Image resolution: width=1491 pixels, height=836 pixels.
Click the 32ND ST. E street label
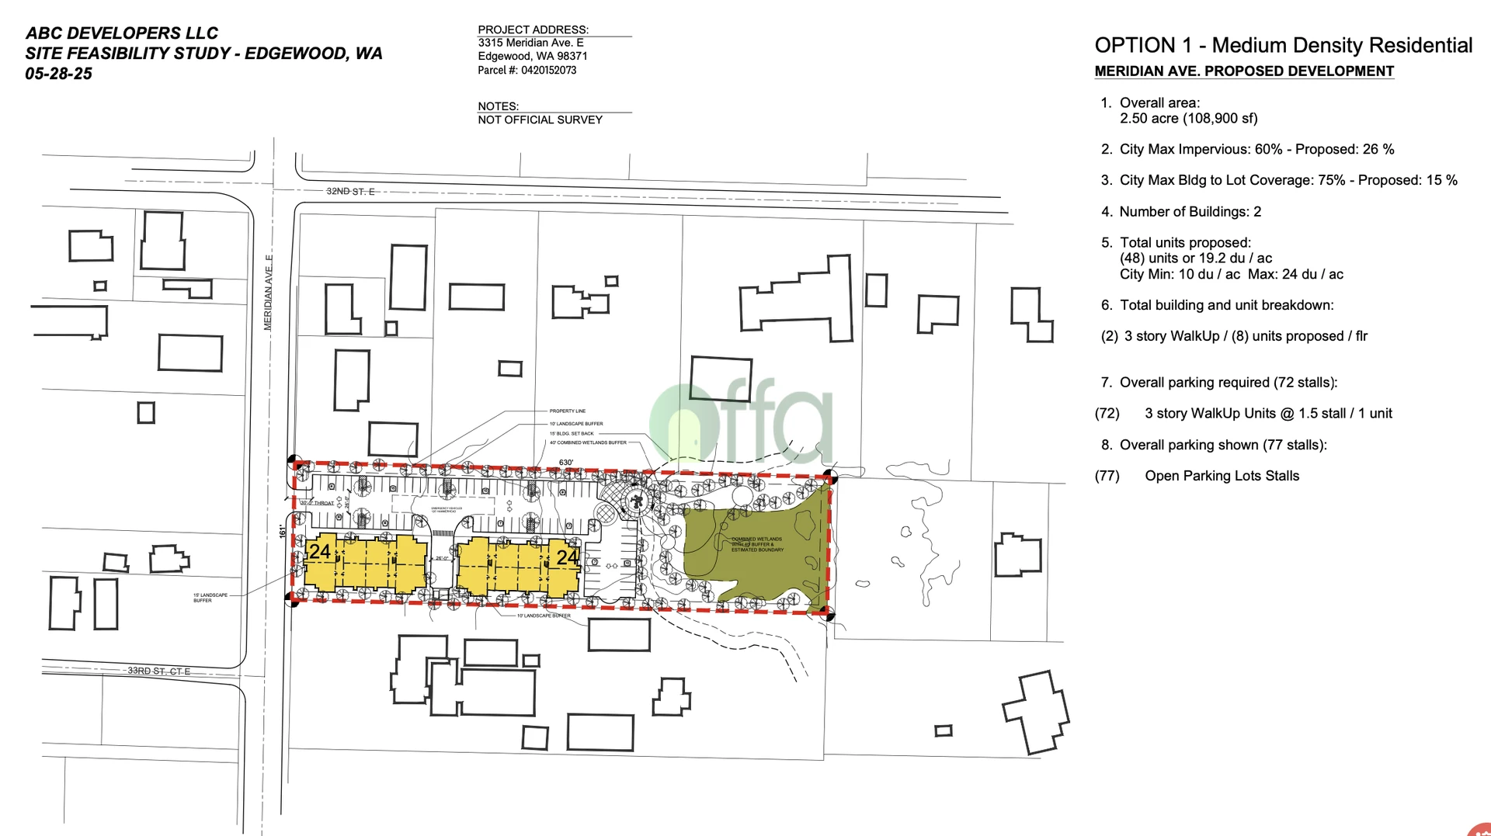tap(350, 191)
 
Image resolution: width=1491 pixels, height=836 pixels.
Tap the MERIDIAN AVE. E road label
tap(268, 293)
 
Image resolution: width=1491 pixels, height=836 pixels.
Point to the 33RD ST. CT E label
tap(158, 671)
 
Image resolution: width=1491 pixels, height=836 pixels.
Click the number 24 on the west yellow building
tap(320, 552)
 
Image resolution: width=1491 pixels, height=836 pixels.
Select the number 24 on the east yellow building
tap(568, 557)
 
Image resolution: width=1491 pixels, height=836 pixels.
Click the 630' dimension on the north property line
tap(566, 463)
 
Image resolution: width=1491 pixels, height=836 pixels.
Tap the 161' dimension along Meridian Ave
tap(283, 531)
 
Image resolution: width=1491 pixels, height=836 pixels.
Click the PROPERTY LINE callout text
tap(568, 411)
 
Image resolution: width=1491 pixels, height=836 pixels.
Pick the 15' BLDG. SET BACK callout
tap(572, 433)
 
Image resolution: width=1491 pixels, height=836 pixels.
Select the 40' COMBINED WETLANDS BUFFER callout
tap(588, 442)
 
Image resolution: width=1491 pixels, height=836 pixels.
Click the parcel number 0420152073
tap(548, 70)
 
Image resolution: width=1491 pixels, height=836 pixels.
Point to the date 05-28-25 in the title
tap(59, 74)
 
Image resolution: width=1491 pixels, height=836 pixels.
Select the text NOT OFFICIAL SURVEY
tap(540, 120)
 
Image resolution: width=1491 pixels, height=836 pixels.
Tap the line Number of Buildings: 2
tap(1190, 211)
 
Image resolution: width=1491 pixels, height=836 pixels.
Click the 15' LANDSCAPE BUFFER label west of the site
tap(210, 598)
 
